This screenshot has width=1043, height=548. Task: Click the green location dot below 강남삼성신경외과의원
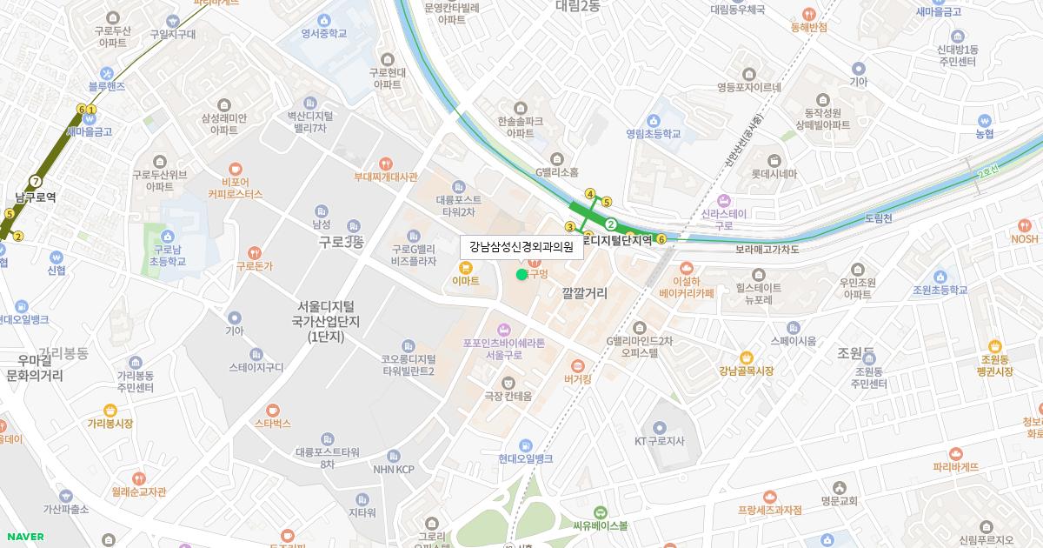(x=521, y=274)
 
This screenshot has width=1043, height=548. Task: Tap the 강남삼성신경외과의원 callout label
(x=521, y=246)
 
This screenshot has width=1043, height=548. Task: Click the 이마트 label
(x=466, y=281)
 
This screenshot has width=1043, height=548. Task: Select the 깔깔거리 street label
(x=584, y=293)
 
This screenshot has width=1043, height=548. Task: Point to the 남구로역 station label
(x=36, y=197)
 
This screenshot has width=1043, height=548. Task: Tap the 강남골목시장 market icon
(x=746, y=357)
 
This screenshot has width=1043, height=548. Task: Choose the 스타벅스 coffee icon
(x=273, y=409)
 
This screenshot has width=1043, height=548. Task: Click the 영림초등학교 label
(x=654, y=134)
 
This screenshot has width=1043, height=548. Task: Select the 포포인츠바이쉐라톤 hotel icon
(x=503, y=329)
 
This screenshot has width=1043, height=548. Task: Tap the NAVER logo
(x=23, y=537)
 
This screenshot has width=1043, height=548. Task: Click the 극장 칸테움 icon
(x=508, y=382)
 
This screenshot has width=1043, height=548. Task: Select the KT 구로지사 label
(x=659, y=441)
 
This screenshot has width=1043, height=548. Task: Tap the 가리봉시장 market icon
(x=110, y=410)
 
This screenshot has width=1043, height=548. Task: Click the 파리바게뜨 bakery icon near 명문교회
(x=956, y=453)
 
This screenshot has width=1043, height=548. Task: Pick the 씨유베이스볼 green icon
(x=600, y=512)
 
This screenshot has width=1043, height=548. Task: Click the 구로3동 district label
(x=341, y=242)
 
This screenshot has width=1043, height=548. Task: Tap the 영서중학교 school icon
(x=323, y=20)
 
